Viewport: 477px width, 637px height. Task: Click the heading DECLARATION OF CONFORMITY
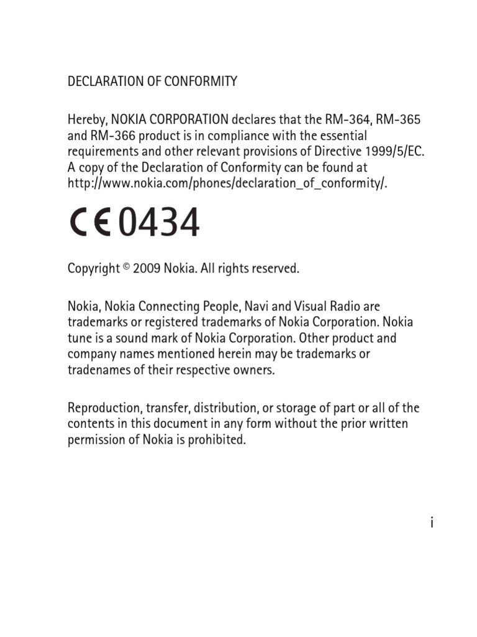(x=152, y=81)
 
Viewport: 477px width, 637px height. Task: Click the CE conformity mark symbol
(x=89, y=222)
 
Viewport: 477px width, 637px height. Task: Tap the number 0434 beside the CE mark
(x=159, y=222)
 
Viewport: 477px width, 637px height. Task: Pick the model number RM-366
(x=108, y=136)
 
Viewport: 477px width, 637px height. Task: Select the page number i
(x=430, y=523)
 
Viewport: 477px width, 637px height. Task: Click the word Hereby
(x=87, y=119)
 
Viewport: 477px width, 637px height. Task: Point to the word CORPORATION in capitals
(x=185, y=119)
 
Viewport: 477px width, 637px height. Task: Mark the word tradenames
(x=96, y=370)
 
